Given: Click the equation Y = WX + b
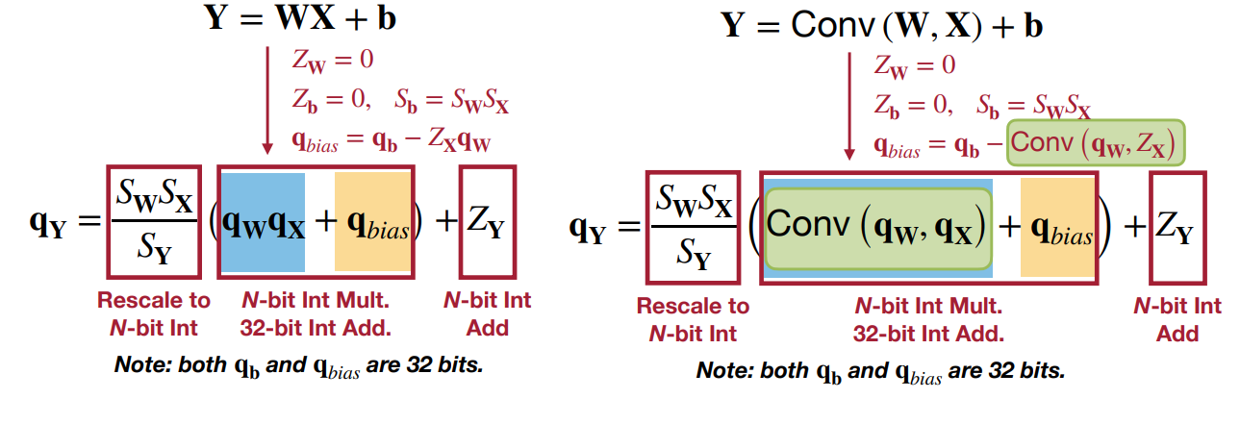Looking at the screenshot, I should click(x=301, y=18).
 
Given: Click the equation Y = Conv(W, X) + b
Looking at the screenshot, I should click(x=882, y=25).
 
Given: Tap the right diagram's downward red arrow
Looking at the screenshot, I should click(x=848, y=106).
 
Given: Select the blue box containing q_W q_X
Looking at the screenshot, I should click(x=264, y=222).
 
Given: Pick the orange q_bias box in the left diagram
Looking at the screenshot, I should click(x=372, y=222).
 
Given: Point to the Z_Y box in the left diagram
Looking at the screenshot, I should click(x=488, y=222).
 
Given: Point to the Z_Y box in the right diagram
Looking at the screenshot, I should click(x=1177, y=228).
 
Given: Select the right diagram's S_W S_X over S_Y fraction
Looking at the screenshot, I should click(x=693, y=228).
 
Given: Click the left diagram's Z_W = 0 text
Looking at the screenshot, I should click(x=333, y=59).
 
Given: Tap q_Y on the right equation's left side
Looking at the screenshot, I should click(x=590, y=229).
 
